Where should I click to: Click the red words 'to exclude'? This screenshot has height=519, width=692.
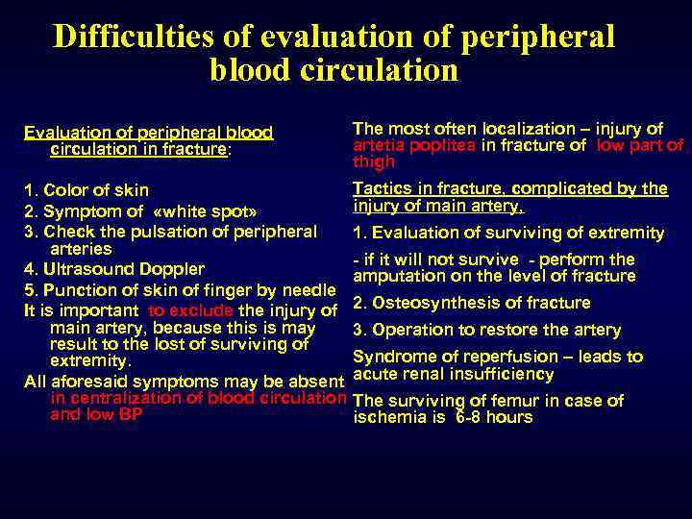(190, 309)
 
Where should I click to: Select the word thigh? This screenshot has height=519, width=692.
(374, 161)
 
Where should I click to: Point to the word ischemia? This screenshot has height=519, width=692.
(386, 417)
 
